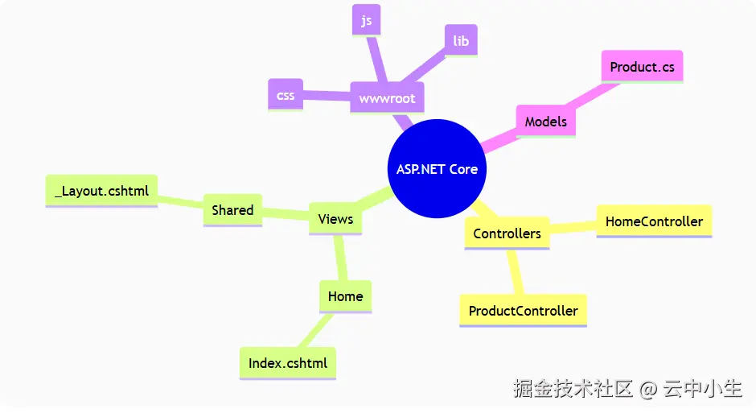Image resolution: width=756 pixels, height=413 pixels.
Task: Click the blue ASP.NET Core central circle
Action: pyautogui.click(x=437, y=169)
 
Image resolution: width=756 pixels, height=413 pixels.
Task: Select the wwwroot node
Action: pyautogui.click(x=387, y=99)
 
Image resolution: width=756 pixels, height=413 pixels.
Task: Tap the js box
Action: pyautogui.click(x=366, y=21)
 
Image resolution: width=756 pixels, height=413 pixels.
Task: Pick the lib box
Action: pyautogui.click(x=461, y=40)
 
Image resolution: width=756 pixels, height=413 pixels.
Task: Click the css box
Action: pyautogui.click(x=286, y=95)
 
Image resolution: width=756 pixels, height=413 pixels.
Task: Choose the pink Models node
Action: pyautogui.click(x=545, y=122)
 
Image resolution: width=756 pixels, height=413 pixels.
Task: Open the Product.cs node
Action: pyautogui.click(x=642, y=67)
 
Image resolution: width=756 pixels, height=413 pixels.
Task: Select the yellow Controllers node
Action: pyautogui.click(x=507, y=233)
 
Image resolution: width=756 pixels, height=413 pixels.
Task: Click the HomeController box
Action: pyautogui.click(x=654, y=221)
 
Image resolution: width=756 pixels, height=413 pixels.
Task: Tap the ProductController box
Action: pyautogui.click(x=523, y=311)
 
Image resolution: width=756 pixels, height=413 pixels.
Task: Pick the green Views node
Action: pyautogui.click(x=335, y=219)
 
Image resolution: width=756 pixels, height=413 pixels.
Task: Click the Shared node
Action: pyautogui.click(x=232, y=210)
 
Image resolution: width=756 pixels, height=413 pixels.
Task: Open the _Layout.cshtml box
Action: pyautogui.click(x=101, y=192)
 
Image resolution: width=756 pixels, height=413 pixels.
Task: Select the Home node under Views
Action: pyautogui.click(x=345, y=296)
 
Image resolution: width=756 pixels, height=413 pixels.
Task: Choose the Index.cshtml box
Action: pyautogui.click(x=288, y=363)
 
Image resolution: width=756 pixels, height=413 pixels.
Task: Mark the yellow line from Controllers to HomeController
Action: pyautogui.click(x=573, y=227)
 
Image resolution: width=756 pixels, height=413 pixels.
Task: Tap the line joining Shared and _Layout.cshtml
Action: pyautogui.click(x=181, y=201)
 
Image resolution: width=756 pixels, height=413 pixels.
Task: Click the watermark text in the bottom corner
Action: pyautogui.click(x=627, y=389)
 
